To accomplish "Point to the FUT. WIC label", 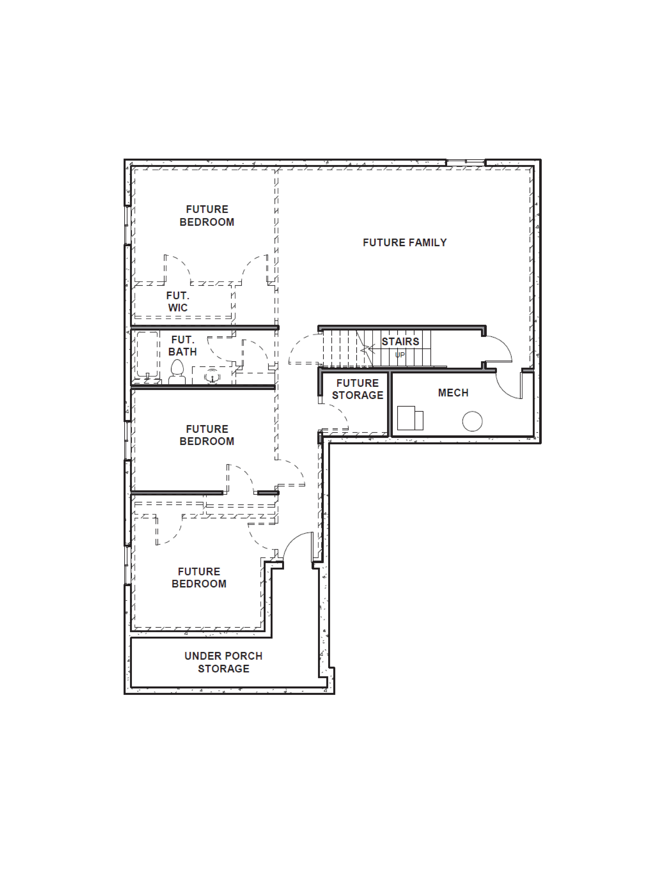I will tap(178, 302).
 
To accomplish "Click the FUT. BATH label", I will tap(182, 346).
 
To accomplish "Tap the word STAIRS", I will tap(400, 342).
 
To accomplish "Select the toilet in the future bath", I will tap(177, 372).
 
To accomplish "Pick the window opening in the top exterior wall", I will tap(465, 162).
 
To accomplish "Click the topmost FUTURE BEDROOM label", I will tap(207, 216).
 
